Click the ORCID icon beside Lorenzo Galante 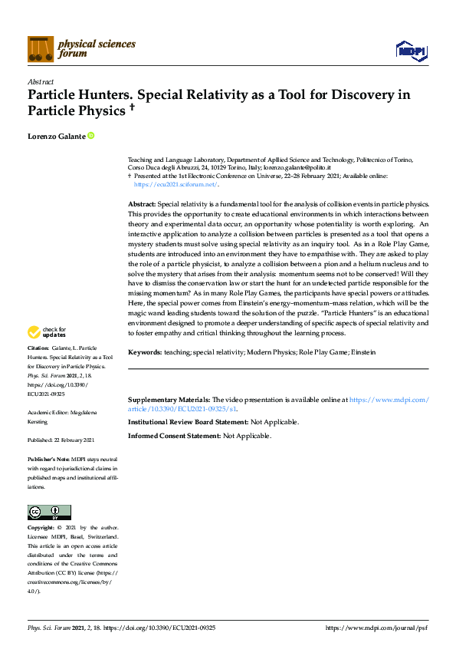click(91, 136)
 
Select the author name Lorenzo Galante click(56, 136)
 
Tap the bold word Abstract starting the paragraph click(142, 205)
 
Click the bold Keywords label click(144, 351)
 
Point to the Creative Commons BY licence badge click(49, 512)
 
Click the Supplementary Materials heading click(169, 400)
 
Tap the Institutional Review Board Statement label click(188, 422)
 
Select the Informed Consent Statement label click(174, 436)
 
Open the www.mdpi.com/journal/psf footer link click(376, 628)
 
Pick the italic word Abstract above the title click(40, 81)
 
